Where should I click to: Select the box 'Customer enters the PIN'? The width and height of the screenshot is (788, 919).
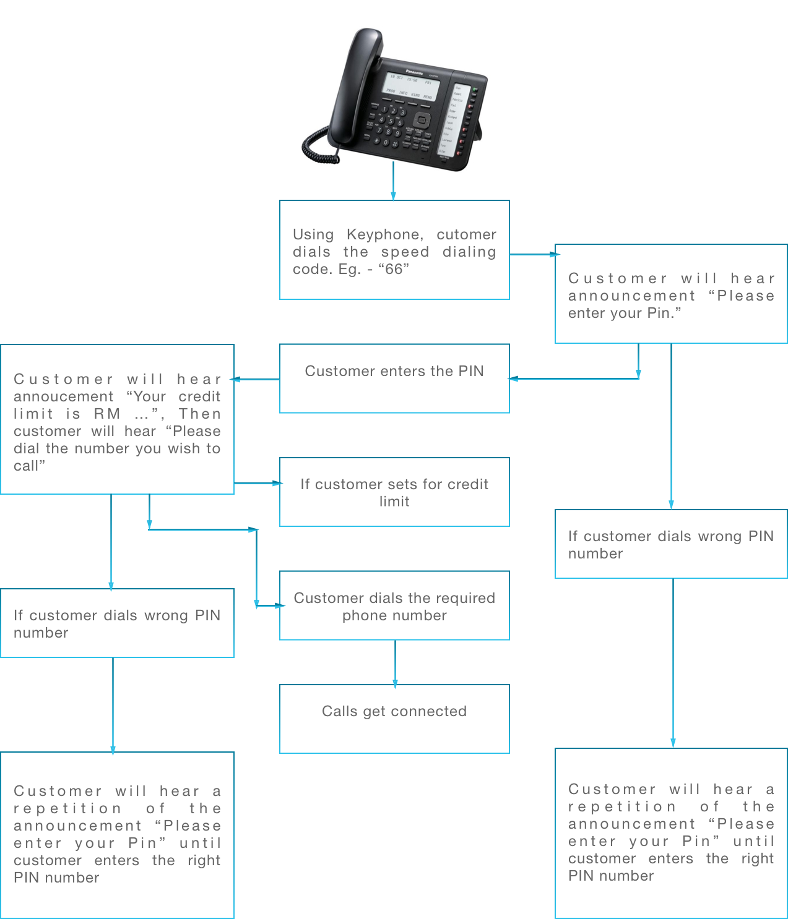click(394, 378)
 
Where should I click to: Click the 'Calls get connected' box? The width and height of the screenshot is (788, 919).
click(394, 718)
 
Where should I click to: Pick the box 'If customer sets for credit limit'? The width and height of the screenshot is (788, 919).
click(394, 492)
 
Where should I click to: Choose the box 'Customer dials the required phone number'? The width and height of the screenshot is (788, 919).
click(394, 605)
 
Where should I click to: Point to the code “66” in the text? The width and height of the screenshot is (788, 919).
click(394, 269)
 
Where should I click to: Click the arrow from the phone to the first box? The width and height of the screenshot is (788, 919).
click(393, 182)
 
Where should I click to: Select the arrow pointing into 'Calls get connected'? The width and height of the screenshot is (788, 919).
click(395, 665)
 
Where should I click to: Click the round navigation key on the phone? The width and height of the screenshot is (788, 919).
click(422, 120)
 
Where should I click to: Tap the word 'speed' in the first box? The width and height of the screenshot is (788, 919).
click(405, 252)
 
